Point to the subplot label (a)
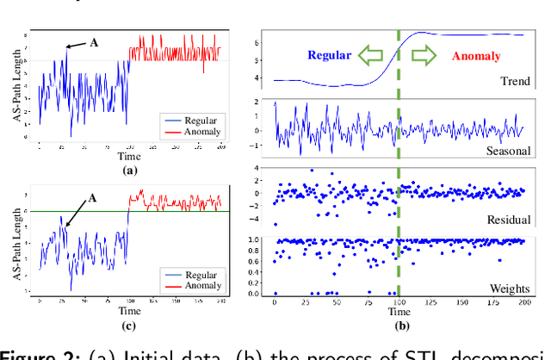(x=130, y=171)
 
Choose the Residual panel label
(x=508, y=219)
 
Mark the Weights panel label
(x=509, y=288)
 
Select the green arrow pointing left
(x=372, y=55)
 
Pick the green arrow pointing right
(x=424, y=55)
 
